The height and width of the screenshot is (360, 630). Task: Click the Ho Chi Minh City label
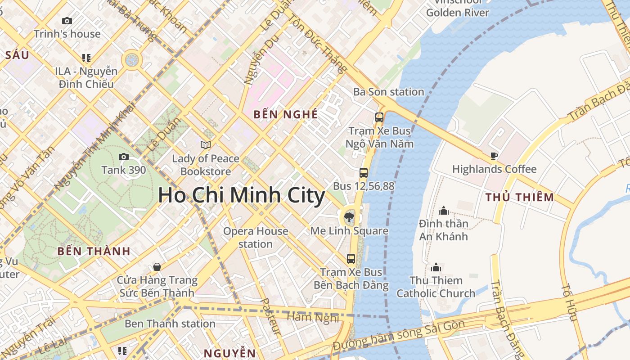(x=241, y=196)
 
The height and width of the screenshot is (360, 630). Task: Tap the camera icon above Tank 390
(x=124, y=157)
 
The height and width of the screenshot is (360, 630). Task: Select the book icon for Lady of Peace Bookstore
(x=206, y=145)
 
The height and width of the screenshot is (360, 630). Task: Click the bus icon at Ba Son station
(x=379, y=117)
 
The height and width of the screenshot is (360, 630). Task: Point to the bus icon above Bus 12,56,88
(x=364, y=172)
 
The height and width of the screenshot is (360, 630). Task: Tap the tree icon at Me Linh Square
(x=349, y=218)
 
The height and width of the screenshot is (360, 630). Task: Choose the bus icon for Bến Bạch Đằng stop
(x=351, y=259)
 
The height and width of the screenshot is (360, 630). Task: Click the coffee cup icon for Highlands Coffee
(x=494, y=156)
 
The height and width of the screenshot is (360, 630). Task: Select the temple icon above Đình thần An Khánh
(x=444, y=210)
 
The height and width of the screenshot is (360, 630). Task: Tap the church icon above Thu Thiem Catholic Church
(x=436, y=267)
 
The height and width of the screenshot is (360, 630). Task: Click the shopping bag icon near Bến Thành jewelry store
(x=157, y=267)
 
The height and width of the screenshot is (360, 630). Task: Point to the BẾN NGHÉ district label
(x=286, y=114)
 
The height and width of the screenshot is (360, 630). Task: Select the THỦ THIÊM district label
(x=520, y=197)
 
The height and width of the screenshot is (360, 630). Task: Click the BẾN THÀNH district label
(x=94, y=251)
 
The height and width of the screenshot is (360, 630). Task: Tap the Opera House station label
(x=256, y=238)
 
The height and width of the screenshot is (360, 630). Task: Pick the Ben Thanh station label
(x=170, y=324)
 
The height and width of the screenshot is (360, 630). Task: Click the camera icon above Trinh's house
(x=67, y=21)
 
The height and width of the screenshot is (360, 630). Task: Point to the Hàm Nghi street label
(x=313, y=317)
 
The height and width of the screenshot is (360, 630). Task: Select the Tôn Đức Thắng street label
(x=318, y=43)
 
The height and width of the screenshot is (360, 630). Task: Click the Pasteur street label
(x=271, y=317)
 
